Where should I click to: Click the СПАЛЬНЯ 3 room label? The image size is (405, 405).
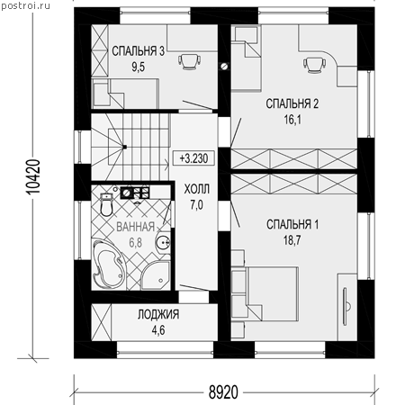click(x=138, y=51)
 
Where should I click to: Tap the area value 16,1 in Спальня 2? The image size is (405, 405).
click(x=292, y=120)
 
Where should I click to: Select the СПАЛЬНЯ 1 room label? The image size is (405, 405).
click(x=292, y=224)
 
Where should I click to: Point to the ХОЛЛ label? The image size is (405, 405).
click(x=197, y=189)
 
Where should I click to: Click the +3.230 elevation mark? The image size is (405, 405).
click(x=193, y=157)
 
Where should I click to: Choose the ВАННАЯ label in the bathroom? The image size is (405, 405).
click(x=135, y=227)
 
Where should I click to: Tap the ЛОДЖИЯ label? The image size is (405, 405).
click(x=158, y=314)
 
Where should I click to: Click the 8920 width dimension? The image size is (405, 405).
click(x=223, y=392)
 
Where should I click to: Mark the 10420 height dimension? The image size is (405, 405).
click(x=32, y=177)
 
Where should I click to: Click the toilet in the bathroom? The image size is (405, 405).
click(x=106, y=204)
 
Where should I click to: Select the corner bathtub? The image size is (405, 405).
click(x=108, y=264)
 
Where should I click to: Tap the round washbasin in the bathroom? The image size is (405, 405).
click(x=163, y=242)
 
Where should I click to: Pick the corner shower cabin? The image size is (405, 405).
click(x=156, y=275)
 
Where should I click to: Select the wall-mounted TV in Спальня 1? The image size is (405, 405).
click(x=346, y=307)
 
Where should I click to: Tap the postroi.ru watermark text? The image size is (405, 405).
click(x=26, y=6)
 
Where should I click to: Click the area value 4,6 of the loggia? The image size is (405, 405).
click(x=158, y=330)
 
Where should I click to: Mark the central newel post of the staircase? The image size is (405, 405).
click(x=124, y=147)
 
